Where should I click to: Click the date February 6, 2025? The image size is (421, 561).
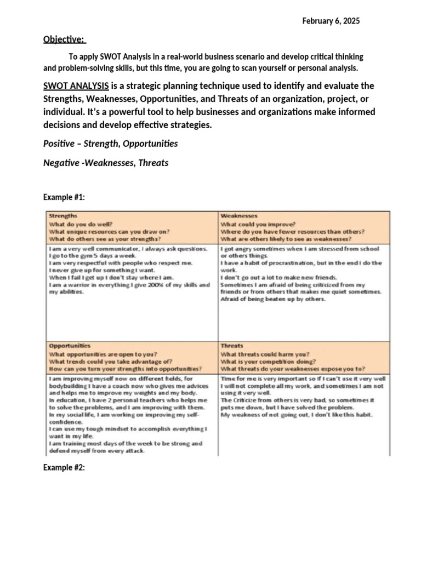point(331,21)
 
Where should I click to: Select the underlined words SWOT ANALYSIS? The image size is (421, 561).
point(76,87)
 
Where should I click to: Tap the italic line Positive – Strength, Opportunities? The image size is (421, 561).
point(111,144)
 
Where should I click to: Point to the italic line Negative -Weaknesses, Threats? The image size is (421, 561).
point(106,163)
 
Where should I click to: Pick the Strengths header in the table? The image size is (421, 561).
point(63,216)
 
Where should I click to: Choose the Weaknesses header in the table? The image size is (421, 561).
point(239,216)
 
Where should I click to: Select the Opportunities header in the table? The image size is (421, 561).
point(70,346)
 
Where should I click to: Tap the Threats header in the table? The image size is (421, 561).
point(232,346)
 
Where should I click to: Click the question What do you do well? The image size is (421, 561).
point(81,224)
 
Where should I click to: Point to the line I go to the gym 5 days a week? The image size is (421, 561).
point(92,256)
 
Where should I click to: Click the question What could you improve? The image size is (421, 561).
point(258,224)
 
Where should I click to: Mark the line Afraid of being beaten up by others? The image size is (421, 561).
point(272,299)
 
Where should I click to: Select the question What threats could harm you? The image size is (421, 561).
point(265,354)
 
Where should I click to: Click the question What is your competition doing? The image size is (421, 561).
point(268,362)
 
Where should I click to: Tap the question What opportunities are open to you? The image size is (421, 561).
point(103,354)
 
